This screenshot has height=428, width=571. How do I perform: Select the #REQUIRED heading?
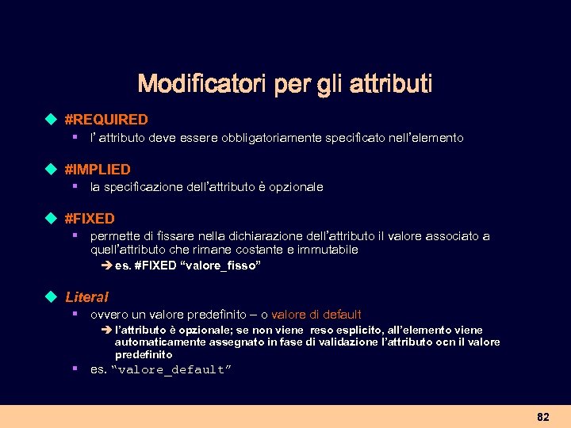tap(106, 120)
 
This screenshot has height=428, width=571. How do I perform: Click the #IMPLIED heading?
tap(98, 169)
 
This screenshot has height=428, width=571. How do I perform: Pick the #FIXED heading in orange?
tap(90, 218)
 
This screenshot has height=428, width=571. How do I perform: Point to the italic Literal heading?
tap(86, 297)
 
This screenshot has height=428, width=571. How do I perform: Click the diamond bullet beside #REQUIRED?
tap(52, 120)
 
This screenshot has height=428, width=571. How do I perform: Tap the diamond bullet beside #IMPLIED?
tap(52, 169)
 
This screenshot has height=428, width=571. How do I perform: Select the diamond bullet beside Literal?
tap(52, 297)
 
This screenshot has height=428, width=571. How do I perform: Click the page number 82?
tap(542, 417)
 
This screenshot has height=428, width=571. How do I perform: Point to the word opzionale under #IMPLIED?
tap(297, 187)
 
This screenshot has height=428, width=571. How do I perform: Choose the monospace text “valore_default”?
tap(171, 369)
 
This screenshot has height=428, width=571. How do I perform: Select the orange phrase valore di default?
tap(316, 315)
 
